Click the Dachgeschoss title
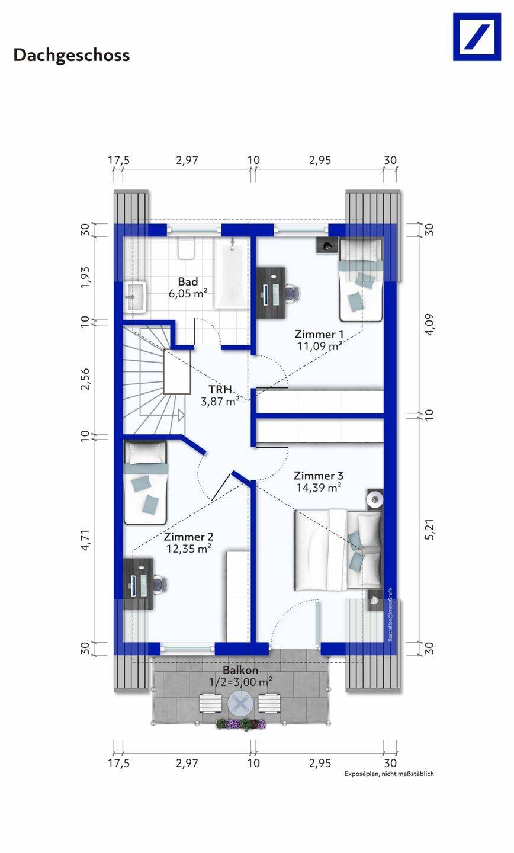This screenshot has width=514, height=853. tap(72, 56)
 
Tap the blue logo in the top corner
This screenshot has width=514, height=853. tap(477, 37)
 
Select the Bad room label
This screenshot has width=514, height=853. tap(188, 282)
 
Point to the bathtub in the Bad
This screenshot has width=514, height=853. tap(232, 272)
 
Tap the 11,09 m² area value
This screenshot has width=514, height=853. tap(319, 346)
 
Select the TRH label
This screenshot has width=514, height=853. tap(220, 389)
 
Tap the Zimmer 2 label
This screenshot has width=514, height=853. tap(188, 537)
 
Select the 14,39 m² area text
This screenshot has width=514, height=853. tap(319, 488)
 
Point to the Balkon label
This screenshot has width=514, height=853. tap(240, 670)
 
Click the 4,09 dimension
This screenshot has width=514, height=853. tap(429, 325)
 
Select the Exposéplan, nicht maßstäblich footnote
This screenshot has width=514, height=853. tap(389, 774)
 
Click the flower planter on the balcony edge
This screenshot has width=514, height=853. tap(241, 723)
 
